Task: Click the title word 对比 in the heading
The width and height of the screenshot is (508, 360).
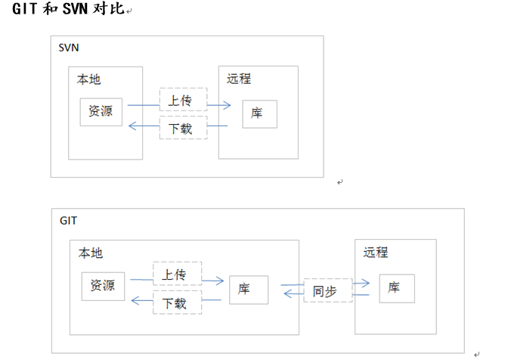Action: pos(109,9)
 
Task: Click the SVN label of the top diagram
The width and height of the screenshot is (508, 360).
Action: pos(69,48)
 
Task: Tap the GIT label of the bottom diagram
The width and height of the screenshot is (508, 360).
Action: pos(68,221)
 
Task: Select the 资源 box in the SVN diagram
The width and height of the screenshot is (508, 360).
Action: pos(101,112)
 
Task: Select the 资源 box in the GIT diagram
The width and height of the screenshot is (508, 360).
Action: pos(103,287)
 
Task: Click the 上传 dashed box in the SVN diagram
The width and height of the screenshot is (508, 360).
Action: pos(184,100)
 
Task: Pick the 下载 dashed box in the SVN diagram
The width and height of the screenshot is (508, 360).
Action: pos(184,128)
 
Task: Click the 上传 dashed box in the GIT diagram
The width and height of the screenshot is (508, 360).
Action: pos(178,274)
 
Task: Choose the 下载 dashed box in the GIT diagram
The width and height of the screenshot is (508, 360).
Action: pos(178,303)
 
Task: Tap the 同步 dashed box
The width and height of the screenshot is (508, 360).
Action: pos(328,290)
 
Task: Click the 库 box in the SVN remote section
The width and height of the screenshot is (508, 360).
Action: pos(260,114)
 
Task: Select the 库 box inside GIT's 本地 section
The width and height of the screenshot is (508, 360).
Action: pos(249,290)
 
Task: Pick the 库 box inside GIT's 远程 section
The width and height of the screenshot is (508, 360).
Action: pos(397,288)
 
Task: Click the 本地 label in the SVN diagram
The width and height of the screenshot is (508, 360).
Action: pos(88,79)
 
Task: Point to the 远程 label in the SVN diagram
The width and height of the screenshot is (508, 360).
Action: pos(239,79)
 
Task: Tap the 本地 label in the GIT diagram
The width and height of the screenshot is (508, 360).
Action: pos(91,253)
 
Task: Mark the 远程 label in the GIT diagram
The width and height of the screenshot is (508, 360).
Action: pos(376,253)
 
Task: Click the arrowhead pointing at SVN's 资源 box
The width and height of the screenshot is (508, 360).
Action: pos(132,126)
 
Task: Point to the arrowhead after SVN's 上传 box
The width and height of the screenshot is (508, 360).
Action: pos(227,105)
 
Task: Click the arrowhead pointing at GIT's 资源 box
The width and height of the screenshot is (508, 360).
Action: pos(135,301)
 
